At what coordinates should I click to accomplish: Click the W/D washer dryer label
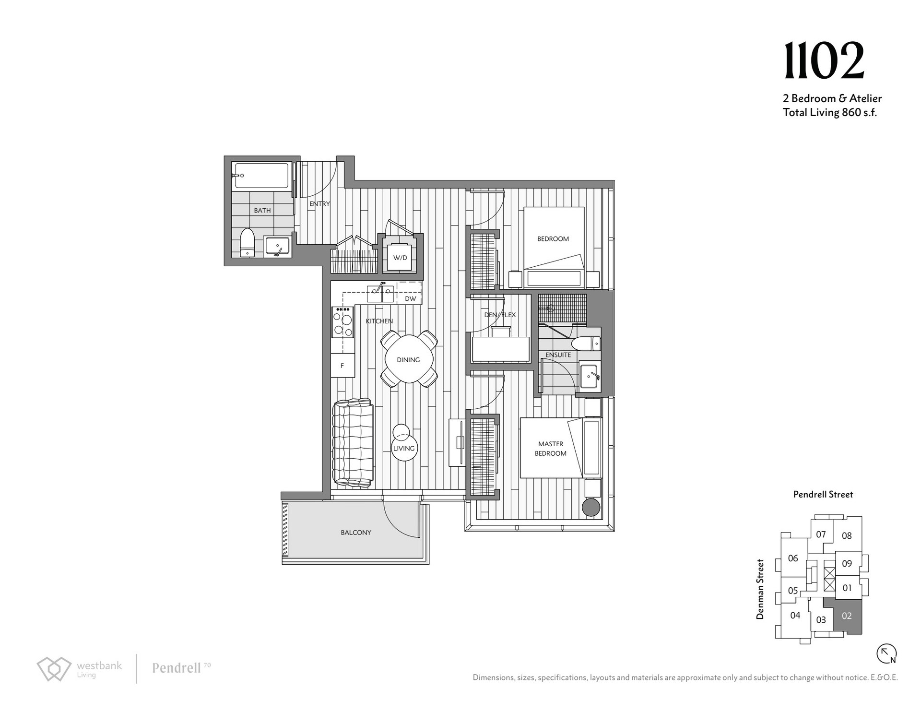pos(400,258)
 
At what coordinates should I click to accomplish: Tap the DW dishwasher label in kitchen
pos(410,298)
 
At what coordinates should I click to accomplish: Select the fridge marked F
pos(342,366)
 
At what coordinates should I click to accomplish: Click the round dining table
pos(409,359)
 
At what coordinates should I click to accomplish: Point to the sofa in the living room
pos(353,443)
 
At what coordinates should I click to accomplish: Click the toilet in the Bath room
pos(247,242)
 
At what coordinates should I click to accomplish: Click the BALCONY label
pos(356,532)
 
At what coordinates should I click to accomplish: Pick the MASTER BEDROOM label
pos(551,449)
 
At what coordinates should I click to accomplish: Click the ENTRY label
pos(319,203)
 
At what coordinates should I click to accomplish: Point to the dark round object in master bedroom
pos(591,508)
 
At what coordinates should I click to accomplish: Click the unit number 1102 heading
pos(824,61)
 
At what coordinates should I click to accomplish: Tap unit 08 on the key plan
pos(847,536)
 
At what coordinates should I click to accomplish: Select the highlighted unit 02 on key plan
pos(847,616)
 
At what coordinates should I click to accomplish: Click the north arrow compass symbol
pos(886,653)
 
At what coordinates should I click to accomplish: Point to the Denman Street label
pos(760,589)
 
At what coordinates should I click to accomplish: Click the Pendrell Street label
pos(823,494)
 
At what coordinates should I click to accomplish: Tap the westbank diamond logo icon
pos(54,668)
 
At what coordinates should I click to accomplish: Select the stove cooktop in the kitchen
pos(342,322)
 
